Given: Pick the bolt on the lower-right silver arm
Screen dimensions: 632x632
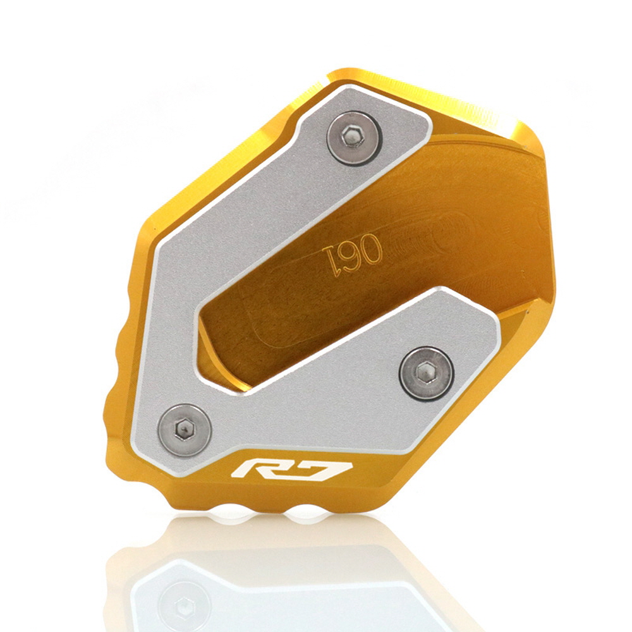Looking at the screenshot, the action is (x=427, y=373).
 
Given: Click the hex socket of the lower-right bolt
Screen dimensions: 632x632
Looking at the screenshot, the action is (x=425, y=372).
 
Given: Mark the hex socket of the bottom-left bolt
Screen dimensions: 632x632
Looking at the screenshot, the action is (x=185, y=429).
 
